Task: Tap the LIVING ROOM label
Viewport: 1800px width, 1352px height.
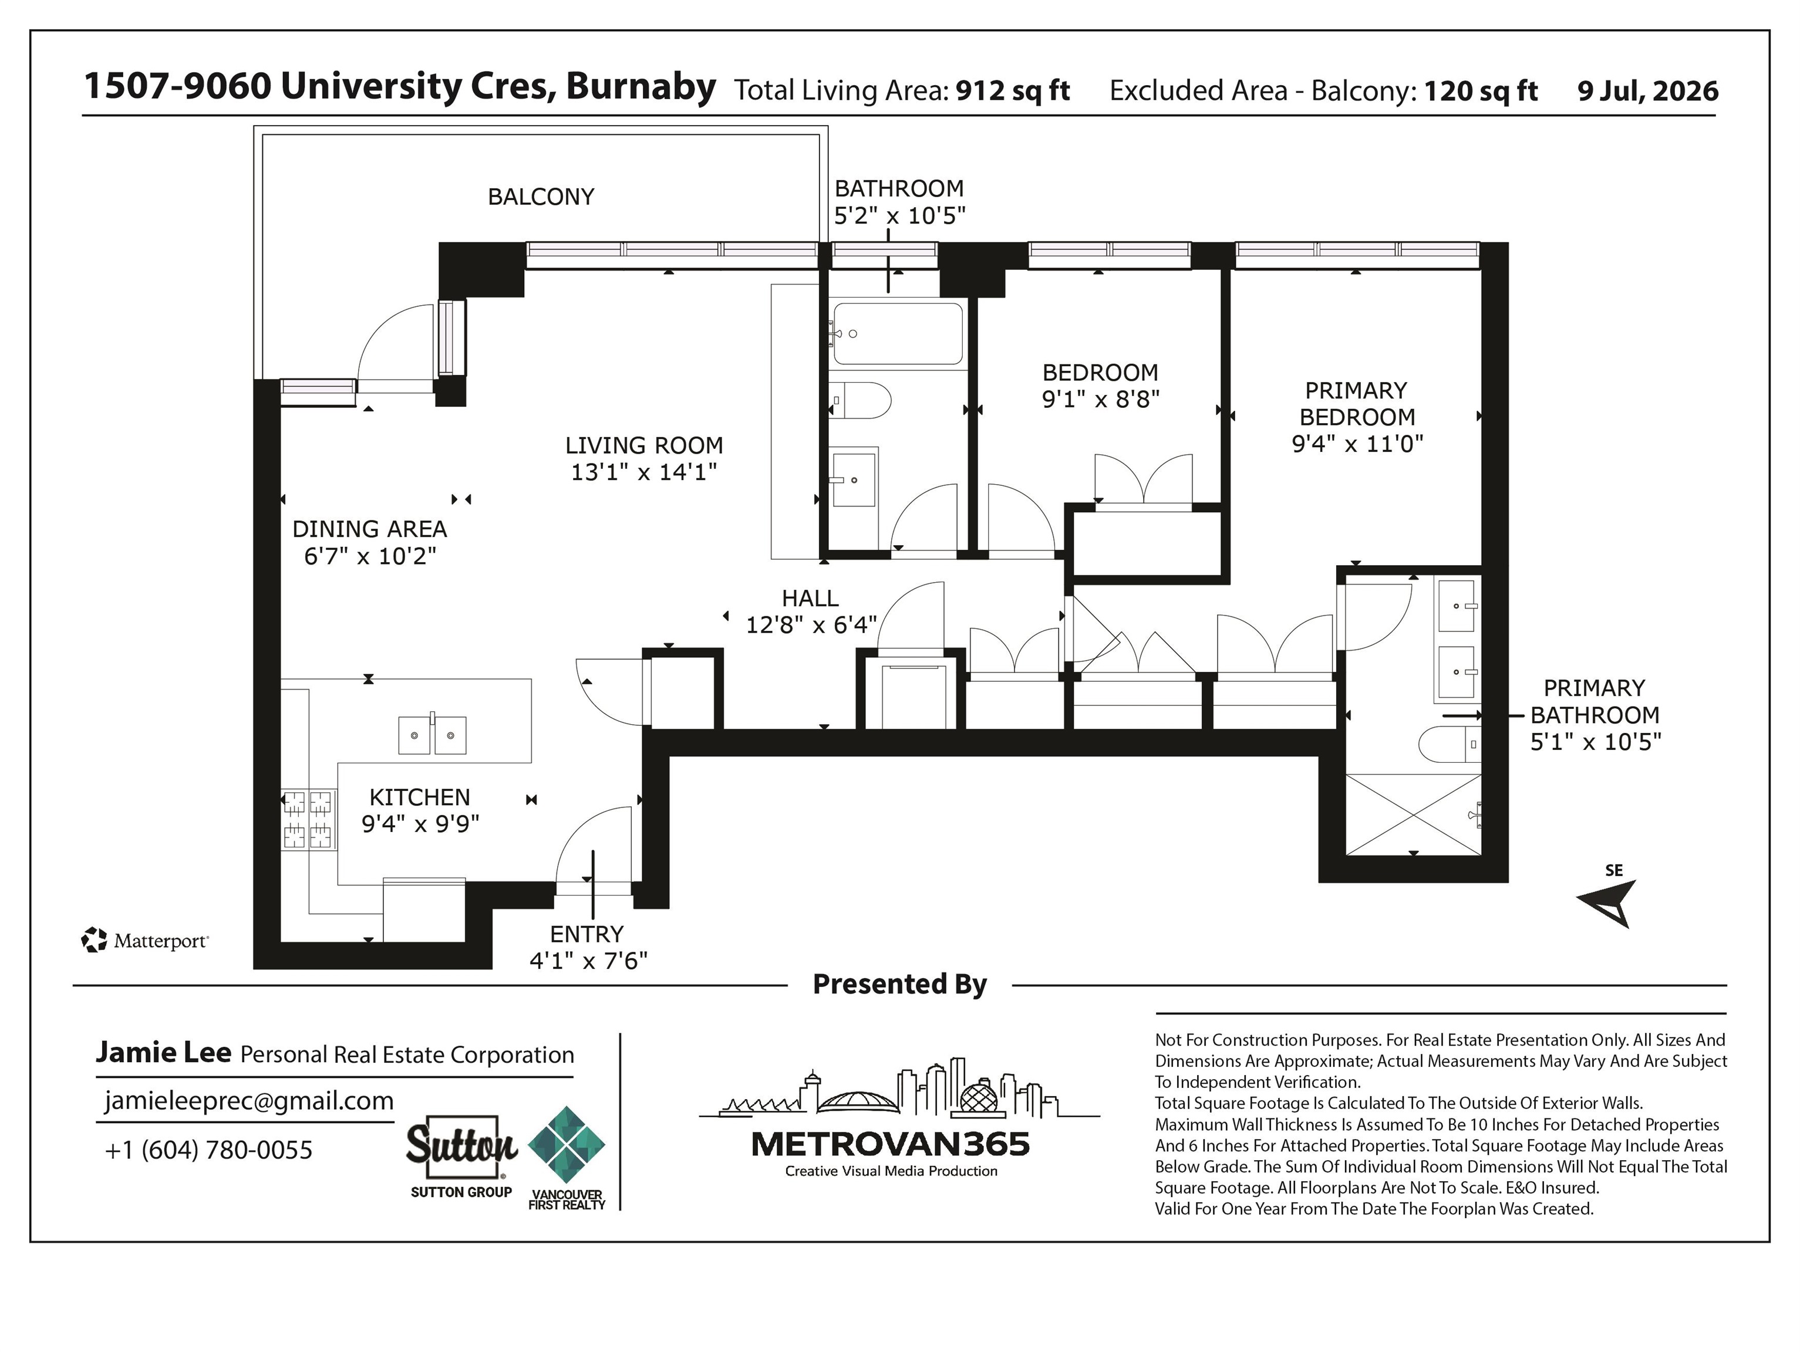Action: [x=643, y=446]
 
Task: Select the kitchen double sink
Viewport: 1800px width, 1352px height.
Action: [x=432, y=735]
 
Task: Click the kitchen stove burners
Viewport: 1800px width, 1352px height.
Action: [x=308, y=820]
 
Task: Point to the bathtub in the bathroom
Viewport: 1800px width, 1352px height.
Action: [x=898, y=333]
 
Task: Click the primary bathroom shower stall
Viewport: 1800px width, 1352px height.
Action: [x=1414, y=814]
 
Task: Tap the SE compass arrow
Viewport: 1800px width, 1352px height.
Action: [x=1607, y=902]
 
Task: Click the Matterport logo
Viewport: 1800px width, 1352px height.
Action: [x=145, y=941]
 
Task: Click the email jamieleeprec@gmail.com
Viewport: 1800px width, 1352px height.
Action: [x=249, y=1101]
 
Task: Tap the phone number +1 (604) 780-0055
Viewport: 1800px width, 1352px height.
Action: [x=208, y=1150]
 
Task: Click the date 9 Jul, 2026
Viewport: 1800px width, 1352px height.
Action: [x=1648, y=91]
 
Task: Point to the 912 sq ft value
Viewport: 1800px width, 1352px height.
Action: [x=1012, y=90]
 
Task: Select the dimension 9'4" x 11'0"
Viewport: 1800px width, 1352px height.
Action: [x=1357, y=444]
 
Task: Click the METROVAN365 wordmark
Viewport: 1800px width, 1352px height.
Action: [x=890, y=1144]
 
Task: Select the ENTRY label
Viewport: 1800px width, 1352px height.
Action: [x=586, y=934]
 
